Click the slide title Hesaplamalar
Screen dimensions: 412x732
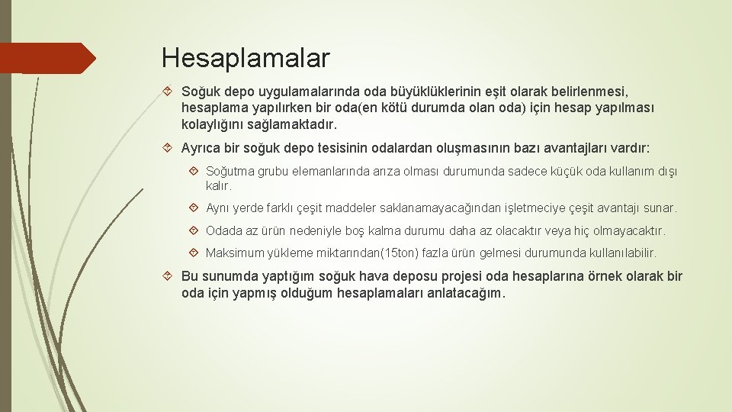coord(246,57)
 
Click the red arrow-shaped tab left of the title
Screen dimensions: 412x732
coord(46,58)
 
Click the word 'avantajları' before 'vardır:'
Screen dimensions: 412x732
coord(577,148)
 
